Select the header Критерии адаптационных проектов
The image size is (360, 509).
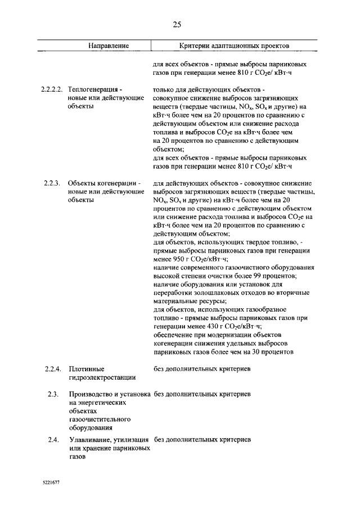235,45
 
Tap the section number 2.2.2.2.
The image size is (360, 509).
52,89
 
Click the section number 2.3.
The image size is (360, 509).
54,394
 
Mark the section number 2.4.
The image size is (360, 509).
54,439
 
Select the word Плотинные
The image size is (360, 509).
85,369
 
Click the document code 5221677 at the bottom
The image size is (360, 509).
51,483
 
